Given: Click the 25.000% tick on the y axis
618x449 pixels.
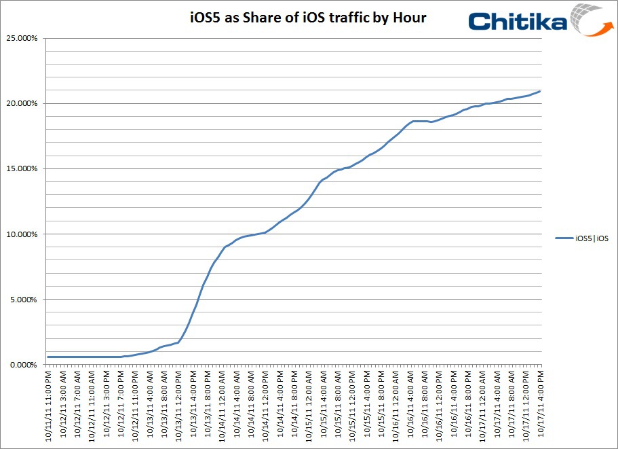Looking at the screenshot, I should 22,38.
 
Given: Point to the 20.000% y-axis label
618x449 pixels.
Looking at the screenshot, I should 22,103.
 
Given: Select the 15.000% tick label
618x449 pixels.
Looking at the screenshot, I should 22,168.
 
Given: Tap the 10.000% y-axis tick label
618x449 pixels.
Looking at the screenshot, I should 22,234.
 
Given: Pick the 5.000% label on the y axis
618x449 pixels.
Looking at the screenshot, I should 24,300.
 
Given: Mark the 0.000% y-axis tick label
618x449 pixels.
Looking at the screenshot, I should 24,365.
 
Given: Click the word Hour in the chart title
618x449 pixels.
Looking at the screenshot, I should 409,18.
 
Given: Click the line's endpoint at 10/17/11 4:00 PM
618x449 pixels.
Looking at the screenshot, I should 540,91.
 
